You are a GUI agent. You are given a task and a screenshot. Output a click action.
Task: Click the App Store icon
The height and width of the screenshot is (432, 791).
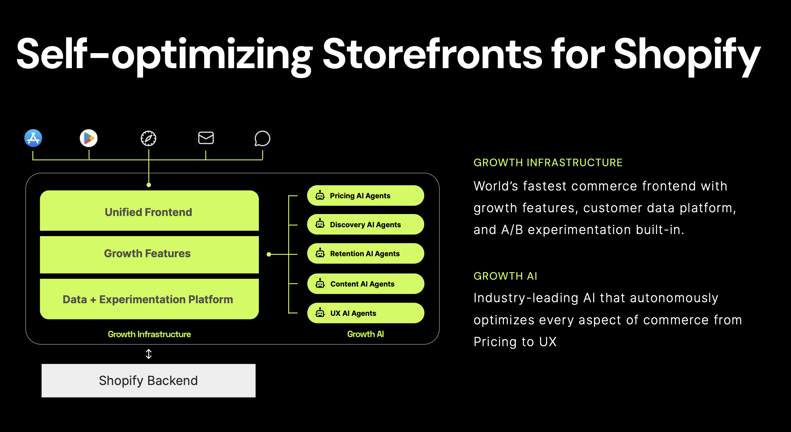(x=33, y=138)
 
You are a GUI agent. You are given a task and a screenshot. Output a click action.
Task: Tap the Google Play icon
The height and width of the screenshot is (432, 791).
(x=89, y=138)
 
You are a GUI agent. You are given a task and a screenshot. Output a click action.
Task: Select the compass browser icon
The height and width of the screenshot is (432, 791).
(x=149, y=138)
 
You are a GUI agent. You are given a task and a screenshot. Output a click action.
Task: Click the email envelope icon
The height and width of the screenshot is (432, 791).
(x=206, y=138)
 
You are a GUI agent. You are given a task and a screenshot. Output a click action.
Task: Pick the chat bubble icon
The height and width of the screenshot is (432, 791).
(x=262, y=138)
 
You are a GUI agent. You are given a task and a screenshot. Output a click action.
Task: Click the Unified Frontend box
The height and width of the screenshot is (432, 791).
(x=149, y=211)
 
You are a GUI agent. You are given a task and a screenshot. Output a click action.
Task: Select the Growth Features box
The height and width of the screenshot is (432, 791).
(x=149, y=254)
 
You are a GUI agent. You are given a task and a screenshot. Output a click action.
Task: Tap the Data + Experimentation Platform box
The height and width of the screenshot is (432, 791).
(x=149, y=299)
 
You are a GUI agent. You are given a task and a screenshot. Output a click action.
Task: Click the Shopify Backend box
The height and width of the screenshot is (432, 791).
(x=149, y=381)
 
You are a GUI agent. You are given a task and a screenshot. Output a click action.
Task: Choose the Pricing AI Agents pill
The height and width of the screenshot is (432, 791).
(x=366, y=196)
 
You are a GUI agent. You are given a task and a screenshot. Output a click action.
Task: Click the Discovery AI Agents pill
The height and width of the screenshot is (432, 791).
(x=366, y=224)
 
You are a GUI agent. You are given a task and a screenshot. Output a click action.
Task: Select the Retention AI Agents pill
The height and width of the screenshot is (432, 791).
(x=366, y=253)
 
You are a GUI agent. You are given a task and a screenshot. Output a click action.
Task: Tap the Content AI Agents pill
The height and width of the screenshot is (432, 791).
(x=366, y=284)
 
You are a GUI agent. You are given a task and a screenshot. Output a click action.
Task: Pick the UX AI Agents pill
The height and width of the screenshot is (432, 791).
(x=366, y=313)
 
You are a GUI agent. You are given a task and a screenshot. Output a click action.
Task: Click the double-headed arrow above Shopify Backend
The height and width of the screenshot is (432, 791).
(x=149, y=354)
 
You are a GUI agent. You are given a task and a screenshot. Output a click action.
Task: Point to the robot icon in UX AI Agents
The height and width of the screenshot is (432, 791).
(x=320, y=312)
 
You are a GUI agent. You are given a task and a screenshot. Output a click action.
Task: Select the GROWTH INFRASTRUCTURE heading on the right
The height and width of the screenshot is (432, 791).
(x=548, y=163)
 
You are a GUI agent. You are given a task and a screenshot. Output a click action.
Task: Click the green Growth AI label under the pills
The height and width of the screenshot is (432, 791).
(x=366, y=334)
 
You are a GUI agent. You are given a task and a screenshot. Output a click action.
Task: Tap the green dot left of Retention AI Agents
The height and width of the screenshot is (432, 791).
(x=269, y=254)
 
